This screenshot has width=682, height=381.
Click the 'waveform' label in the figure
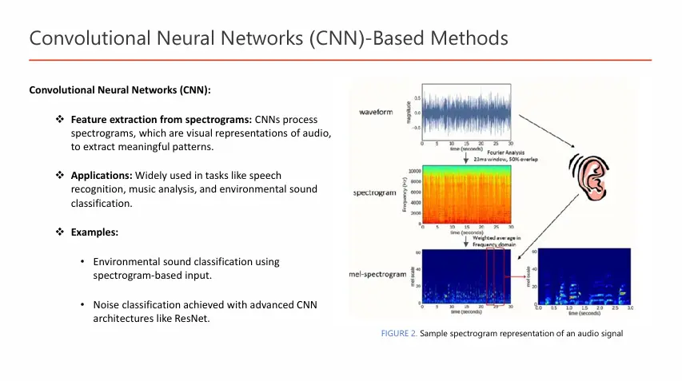pyautogui.click(x=376, y=112)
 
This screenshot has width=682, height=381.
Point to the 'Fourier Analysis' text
pyautogui.click(x=497, y=153)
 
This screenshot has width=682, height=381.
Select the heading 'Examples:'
pyautogui.click(x=94, y=232)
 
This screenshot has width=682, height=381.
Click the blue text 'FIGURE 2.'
pyautogui.click(x=399, y=334)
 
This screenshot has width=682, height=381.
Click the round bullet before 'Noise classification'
pyautogui.click(x=83, y=305)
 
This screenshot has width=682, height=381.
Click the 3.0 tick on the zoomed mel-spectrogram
pyautogui.click(x=630, y=308)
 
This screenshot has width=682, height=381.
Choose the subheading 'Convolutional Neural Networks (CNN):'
pyautogui.click(x=120, y=89)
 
